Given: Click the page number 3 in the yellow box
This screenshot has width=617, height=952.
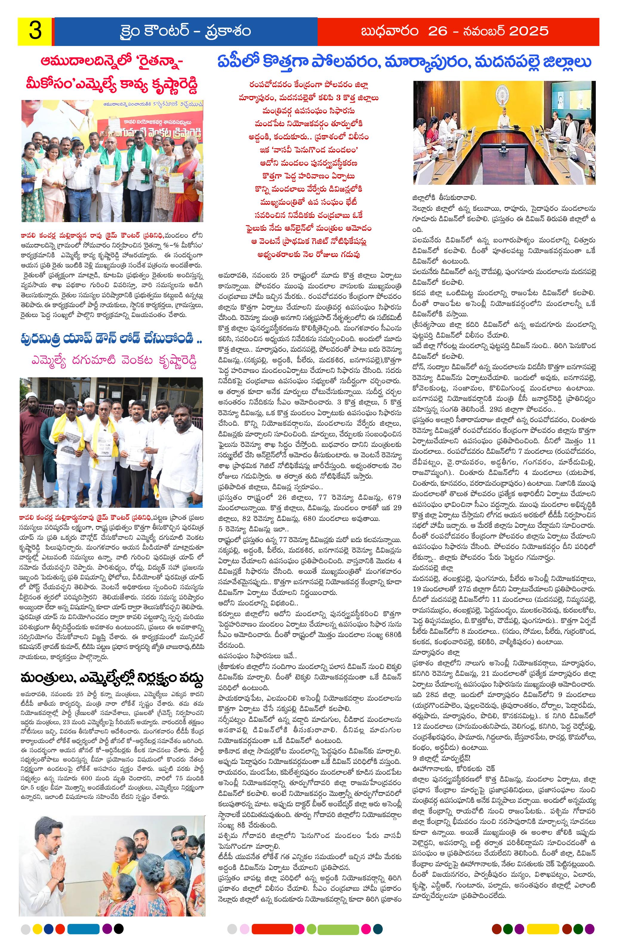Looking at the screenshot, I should [x=35, y=32].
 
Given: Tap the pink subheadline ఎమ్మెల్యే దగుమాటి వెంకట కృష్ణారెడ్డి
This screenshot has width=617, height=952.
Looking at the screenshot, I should [x=111, y=360].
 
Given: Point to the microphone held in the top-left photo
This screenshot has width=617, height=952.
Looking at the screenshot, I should [x=79, y=159].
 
